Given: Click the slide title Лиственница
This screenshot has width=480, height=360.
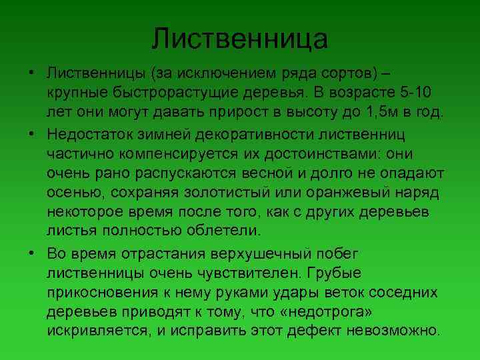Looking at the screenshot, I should pos(239,38).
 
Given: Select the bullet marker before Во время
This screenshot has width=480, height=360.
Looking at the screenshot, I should pos(31,254).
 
